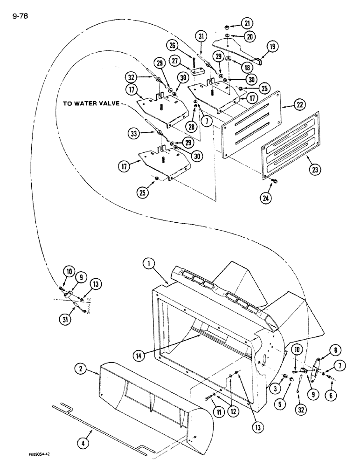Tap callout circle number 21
click(246, 22)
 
